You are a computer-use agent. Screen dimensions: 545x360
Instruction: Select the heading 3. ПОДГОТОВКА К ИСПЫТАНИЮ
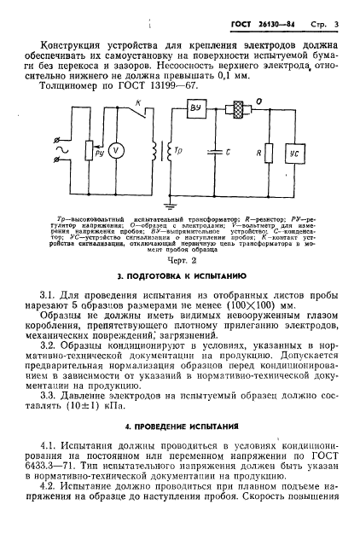tap(180, 278)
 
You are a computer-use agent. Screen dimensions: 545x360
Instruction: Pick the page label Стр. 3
tap(328, 20)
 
